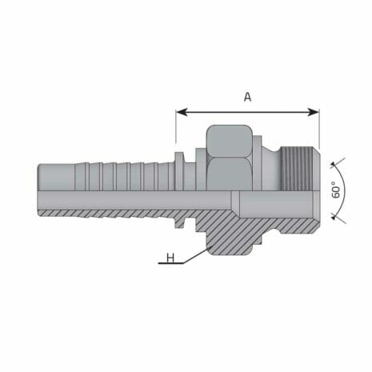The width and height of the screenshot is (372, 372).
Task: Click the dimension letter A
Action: click(x=247, y=97)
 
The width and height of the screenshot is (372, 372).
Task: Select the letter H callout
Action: click(x=170, y=258)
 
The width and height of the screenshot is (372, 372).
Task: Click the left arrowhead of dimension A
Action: click(x=180, y=111)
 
